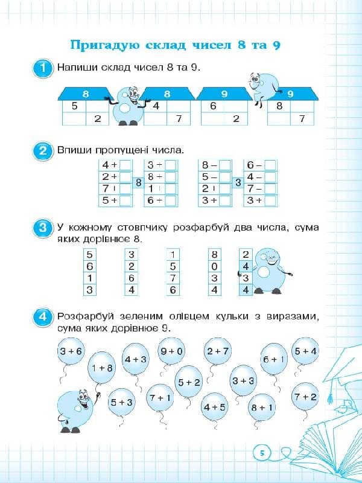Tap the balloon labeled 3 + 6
tap(71, 351)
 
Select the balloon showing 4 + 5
tap(214, 406)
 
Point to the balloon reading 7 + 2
tap(305, 397)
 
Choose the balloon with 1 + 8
tap(101, 368)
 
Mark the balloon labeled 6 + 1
tap(273, 359)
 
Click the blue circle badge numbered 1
tap(42, 68)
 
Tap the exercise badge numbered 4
tap(42, 316)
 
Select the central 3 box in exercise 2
tap(238, 182)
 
